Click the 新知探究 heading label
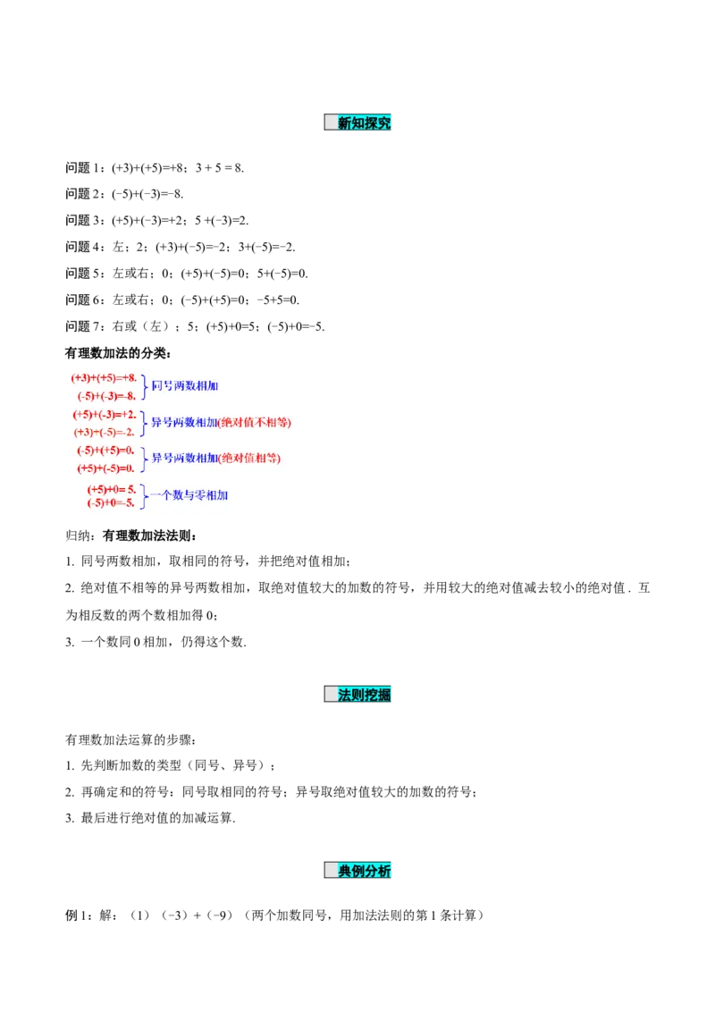(x=365, y=123)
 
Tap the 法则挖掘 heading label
(x=365, y=695)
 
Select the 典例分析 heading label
(x=365, y=870)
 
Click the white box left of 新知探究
(x=331, y=122)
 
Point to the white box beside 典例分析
(x=331, y=870)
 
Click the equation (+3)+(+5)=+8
(x=104, y=378)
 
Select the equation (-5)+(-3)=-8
(x=106, y=396)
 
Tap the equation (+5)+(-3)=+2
(x=105, y=415)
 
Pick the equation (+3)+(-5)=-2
(x=105, y=432)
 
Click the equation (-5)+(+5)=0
(x=105, y=451)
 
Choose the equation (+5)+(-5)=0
(x=105, y=468)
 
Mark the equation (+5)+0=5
(x=111, y=489)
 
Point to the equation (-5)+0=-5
(x=111, y=502)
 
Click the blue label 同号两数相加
(x=185, y=386)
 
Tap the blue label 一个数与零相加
(x=189, y=494)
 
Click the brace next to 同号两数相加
(x=143, y=386)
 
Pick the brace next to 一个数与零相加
(x=142, y=495)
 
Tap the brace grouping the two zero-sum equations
(x=143, y=459)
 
